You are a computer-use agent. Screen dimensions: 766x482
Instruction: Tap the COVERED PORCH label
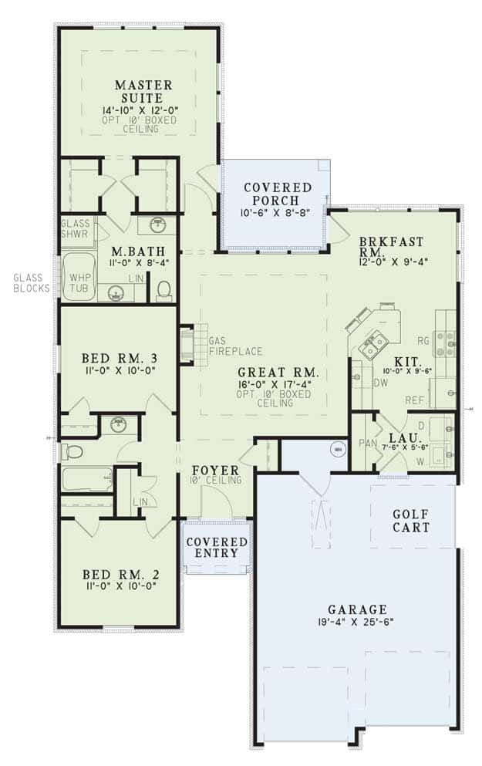277,194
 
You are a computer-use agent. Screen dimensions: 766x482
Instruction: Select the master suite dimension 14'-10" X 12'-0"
139,110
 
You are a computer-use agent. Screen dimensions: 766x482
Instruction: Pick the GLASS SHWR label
76,228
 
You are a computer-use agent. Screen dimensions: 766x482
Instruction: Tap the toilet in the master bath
163,289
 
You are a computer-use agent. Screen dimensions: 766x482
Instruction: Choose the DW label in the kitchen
380,382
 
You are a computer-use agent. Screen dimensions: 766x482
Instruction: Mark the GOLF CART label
410,521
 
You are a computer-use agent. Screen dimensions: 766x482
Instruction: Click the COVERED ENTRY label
217,549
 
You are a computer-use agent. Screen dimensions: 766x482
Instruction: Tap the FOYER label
214,470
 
